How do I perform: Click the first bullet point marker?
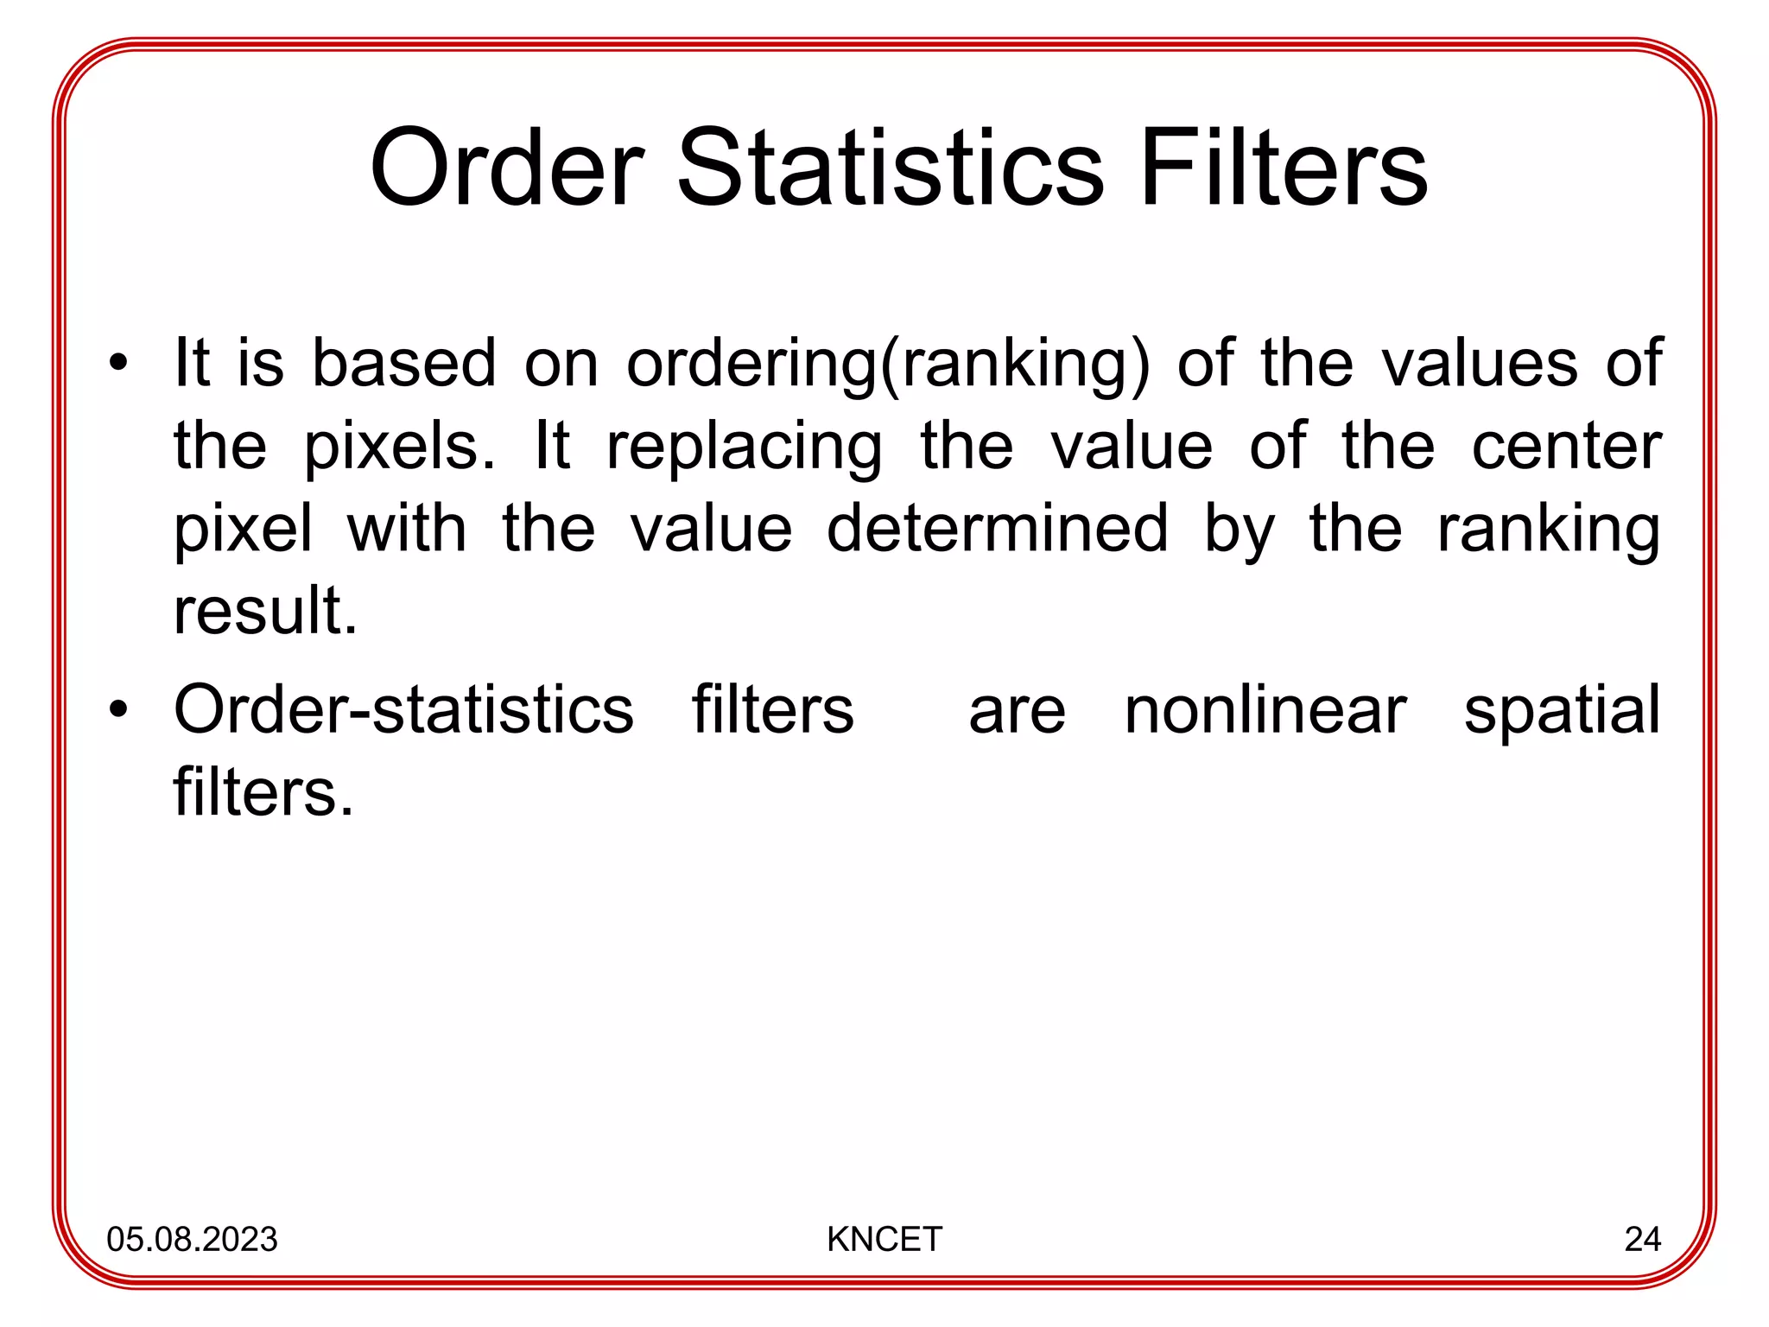(x=118, y=363)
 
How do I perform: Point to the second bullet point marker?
(x=118, y=710)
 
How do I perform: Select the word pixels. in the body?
(x=400, y=448)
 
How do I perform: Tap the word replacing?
(x=745, y=448)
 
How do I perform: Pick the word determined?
(x=998, y=529)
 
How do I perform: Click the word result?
(x=265, y=611)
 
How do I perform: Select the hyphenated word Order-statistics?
(x=403, y=710)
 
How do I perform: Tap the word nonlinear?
(x=1265, y=710)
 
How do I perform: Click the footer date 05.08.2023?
(x=192, y=1239)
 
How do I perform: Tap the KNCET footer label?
(x=884, y=1239)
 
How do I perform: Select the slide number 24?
(x=1642, y=1239)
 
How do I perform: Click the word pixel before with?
(x=243, y=530)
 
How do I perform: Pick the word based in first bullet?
(x=403, y=363)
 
